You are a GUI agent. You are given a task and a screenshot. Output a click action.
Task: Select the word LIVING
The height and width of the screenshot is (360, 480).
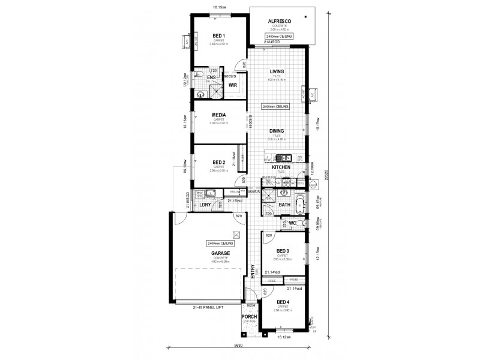(277, 71)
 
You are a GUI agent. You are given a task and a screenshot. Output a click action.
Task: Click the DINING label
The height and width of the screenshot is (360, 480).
(277, 130)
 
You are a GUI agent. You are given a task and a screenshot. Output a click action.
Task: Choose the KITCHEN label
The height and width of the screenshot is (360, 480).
(281, 167)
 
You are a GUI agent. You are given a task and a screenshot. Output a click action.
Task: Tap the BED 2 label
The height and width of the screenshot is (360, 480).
(218, 162)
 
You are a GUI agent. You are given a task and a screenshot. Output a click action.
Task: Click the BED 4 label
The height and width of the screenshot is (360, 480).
(283, 303)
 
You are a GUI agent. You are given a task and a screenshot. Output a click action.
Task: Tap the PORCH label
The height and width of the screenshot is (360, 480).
(250, 316)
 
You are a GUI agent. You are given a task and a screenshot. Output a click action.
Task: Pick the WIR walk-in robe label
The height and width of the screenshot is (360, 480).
(233, 85)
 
